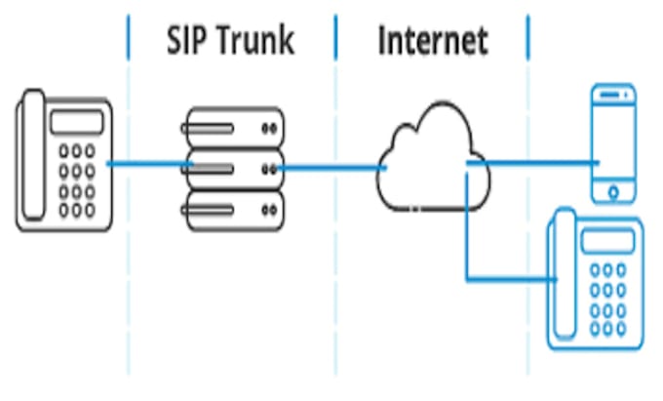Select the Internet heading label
(432, 41)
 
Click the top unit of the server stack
(233, 128)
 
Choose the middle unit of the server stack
(233, 169)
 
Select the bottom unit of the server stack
(233, 208)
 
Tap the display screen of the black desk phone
(75, 122)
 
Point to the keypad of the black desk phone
(77, 181)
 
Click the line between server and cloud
(331, 168)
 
